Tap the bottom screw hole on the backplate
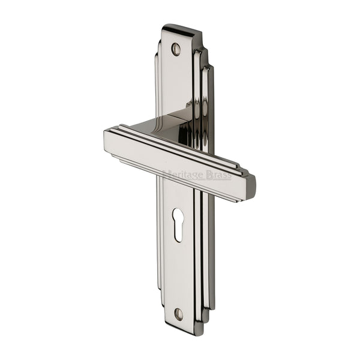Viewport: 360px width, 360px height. tap(178, 313)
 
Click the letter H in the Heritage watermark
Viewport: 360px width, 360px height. tap(166, 175)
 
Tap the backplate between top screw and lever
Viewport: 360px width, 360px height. tap(175, 84)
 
